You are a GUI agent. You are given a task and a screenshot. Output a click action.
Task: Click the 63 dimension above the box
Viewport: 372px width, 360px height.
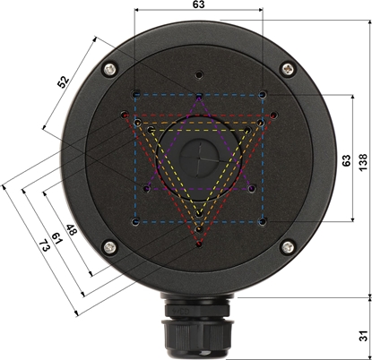pos(197,5)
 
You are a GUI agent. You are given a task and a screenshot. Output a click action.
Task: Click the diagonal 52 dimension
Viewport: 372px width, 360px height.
pos(63,81)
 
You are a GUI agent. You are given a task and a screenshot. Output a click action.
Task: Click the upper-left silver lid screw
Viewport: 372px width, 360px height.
pos(109,68)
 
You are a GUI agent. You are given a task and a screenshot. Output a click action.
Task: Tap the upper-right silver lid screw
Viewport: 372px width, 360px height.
pos(287,68)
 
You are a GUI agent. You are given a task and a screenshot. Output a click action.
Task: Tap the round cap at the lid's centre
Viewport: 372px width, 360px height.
pos(198,158)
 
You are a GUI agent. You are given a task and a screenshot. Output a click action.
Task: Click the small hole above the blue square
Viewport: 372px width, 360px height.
pos(198,75)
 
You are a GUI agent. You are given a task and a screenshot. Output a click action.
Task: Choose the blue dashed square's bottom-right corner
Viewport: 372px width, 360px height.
pos(261,220)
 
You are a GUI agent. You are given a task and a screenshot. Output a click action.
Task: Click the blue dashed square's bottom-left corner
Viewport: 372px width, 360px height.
pos(134,220)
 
